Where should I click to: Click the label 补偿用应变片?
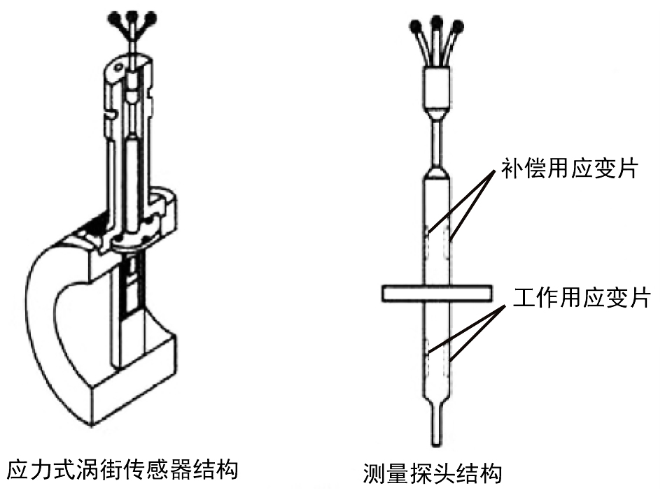pyautogui.click(x=569, y=170)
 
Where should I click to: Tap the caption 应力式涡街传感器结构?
pyautogui.click(x=122, y=469)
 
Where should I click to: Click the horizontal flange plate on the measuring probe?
pyautogui.click(x=437, y=293)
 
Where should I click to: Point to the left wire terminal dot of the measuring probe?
pyautogui.click(x=416, y=27)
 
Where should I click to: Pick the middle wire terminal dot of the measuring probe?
pyautogui.click(x=437, y=22)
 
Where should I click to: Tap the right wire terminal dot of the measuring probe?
pyautogui.click(x=458, y=27)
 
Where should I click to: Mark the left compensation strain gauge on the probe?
pyautogui.click(x=428, y=241)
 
